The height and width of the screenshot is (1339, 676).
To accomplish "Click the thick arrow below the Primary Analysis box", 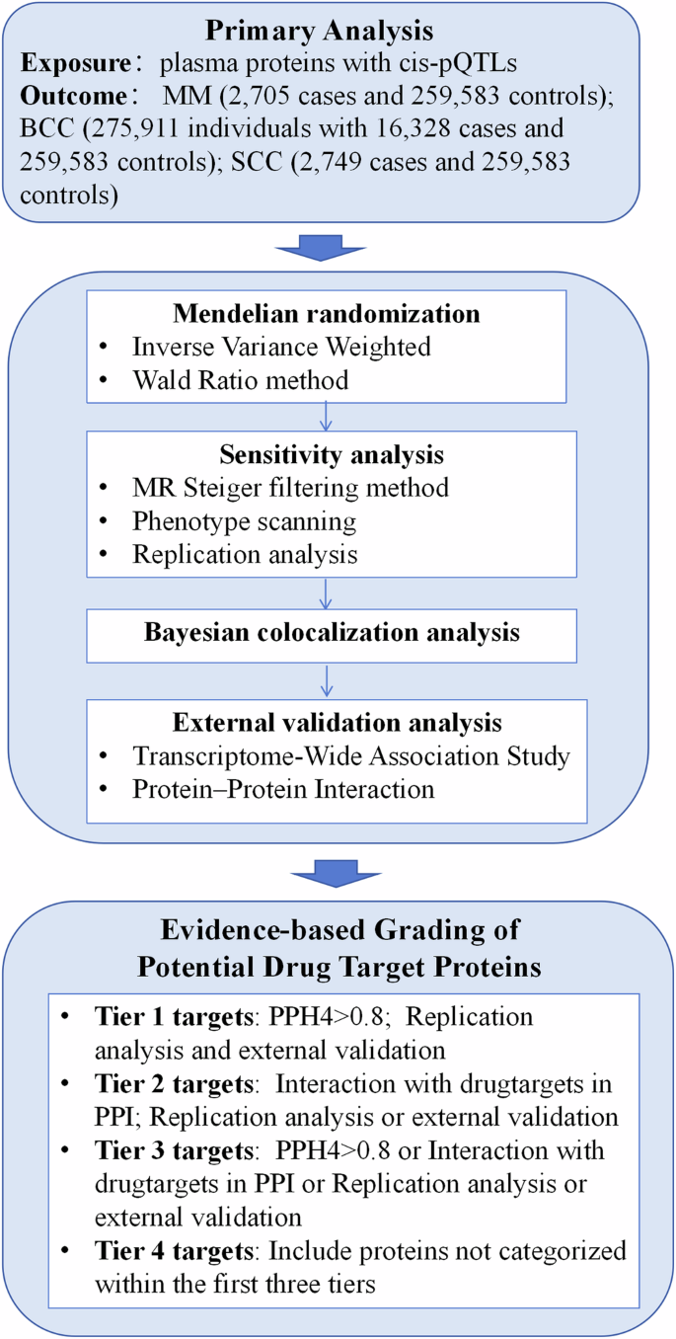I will click(x=327, y=246).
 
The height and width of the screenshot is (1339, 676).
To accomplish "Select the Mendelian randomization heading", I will click(x=327, y=314).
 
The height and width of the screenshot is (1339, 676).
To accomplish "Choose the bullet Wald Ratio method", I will click(x=240, y=379).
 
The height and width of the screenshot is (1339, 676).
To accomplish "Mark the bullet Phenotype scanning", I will click(x=244, y=520).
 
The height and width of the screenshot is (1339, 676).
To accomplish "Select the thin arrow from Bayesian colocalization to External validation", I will click(x=327, y=680).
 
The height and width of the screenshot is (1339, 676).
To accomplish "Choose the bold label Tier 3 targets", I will click(x=174, y=1150).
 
